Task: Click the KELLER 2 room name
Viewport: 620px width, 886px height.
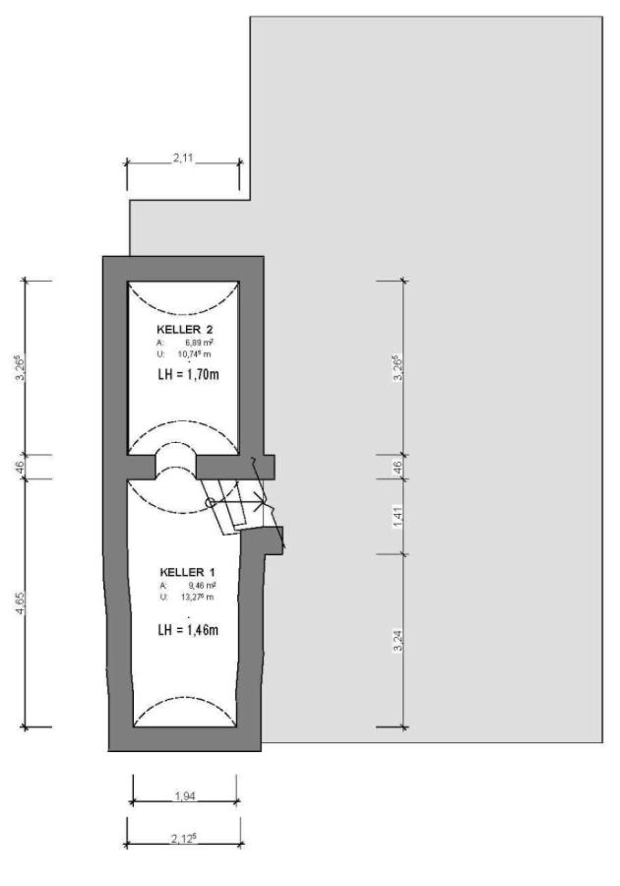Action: coord(184,330)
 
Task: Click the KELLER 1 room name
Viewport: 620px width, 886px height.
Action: coord(187,572)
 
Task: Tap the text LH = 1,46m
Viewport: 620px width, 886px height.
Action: coord(188,629)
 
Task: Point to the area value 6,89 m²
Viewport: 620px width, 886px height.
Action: coord(199,343)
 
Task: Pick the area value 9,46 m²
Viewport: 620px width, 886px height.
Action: coord(202,586)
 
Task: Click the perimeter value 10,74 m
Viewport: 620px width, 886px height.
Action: coord(194,354)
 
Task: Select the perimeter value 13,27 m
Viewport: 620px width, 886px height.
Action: coord(197,597)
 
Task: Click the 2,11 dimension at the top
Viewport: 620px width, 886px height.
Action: coord(183,158)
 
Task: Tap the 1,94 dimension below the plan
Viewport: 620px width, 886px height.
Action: coord(185,796)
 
